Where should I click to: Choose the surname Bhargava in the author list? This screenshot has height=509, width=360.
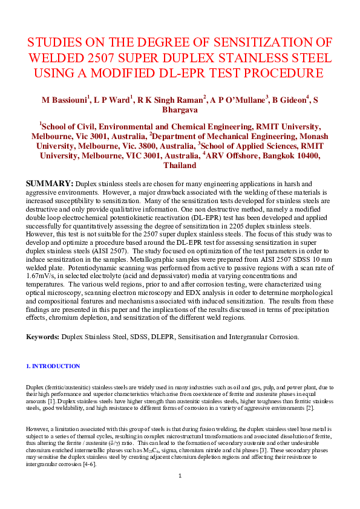180,110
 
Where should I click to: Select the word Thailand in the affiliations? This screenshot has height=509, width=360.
180,165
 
